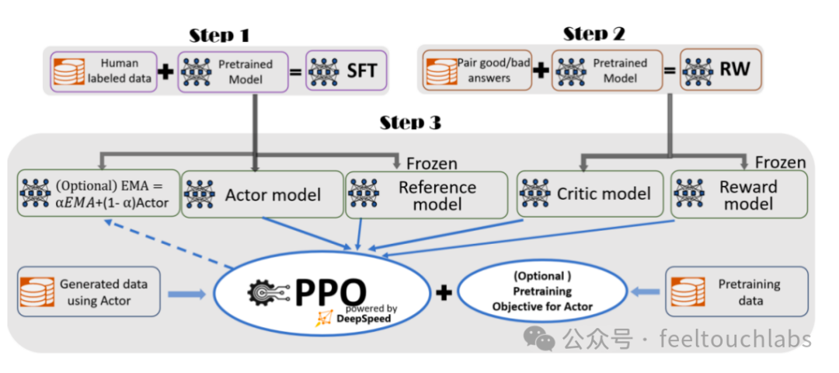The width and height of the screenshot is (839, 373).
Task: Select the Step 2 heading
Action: click(594, 33)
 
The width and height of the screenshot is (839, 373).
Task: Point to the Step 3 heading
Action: click(412, 123)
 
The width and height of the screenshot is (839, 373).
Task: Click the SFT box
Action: click(346, 71)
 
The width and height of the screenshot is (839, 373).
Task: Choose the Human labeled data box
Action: click(103, 71)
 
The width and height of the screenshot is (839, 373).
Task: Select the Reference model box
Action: click(419, 193)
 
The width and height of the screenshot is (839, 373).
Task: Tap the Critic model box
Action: click(590, 193)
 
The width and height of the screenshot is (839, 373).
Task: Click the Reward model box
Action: click(738, 193)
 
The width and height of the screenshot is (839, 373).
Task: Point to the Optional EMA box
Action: click(98, 193)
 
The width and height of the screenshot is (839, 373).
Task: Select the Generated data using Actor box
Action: click(89, 292)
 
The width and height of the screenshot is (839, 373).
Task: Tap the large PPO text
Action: click(330, 291)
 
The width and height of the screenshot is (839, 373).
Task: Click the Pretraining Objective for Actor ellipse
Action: click(542, 291)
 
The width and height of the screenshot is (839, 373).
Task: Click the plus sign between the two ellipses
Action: click(444, 292)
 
